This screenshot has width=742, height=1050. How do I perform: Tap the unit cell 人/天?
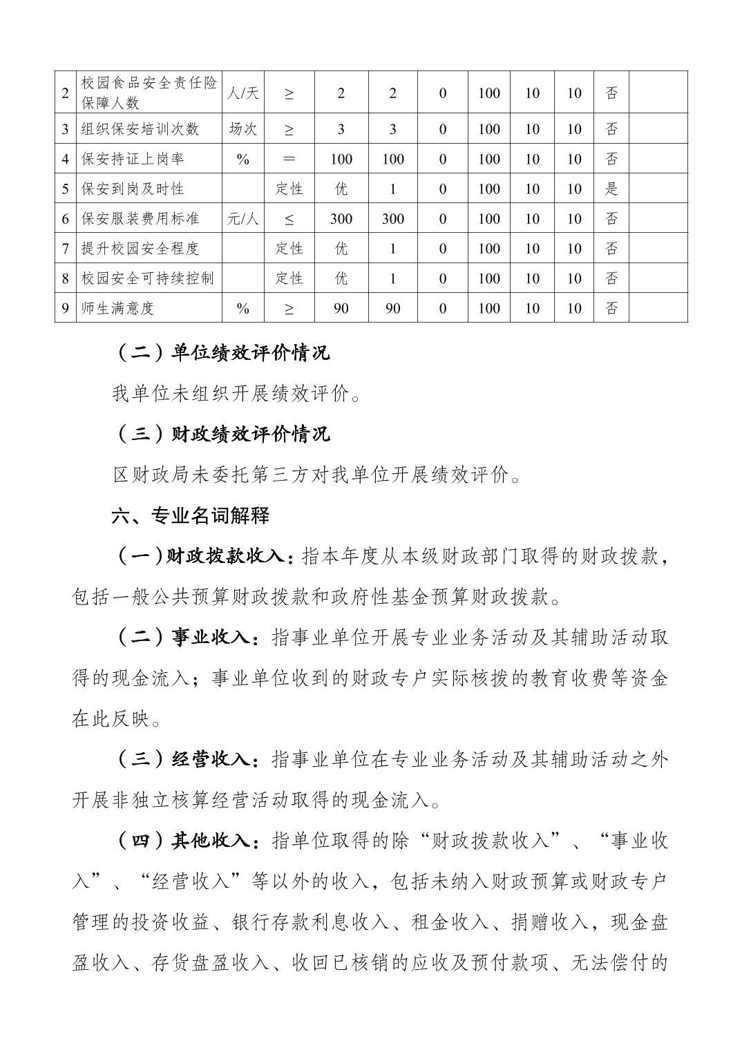[x=243, y=93]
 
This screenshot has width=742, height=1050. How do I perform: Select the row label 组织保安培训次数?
[x=140, y=129]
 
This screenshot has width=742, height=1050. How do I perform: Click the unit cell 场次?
[x=243, y=129]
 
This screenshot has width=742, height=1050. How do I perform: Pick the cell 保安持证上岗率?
[x=133, y=159]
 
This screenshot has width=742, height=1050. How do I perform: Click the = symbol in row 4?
[x=289, y=159]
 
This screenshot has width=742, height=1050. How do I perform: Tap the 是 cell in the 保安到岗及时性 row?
[x=611, y=189]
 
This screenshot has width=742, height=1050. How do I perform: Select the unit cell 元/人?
[x=243, y=219]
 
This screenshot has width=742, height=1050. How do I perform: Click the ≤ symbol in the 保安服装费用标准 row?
[x=289, y=219]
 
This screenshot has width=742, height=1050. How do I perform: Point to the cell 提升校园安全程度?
[x=140, y=249]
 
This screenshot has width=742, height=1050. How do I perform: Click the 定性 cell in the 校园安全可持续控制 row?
[x=289, y=278]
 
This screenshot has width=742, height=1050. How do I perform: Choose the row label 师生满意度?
[x=117, y=308]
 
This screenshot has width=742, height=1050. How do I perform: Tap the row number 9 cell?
[x=66, y=308]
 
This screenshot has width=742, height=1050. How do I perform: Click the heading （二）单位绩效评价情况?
[x=221, y=353]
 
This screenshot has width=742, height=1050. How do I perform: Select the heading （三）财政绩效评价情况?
[x=221, y=434]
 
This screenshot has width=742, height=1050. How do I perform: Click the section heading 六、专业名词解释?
[x=191, y=515]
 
